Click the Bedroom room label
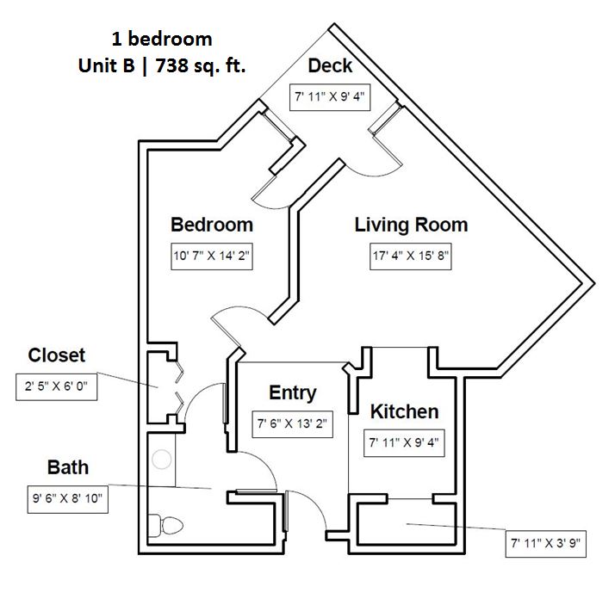212,225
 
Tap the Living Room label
411,225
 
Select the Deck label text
330,66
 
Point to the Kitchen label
404,412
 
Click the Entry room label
292,393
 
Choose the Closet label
57,355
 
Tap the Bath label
68,468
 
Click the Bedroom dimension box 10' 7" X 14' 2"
212,256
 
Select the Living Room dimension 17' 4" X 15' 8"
410,256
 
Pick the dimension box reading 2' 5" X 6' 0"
57,387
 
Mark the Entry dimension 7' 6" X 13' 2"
293,424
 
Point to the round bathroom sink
162,459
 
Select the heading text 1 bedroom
162,39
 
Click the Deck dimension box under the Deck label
330,96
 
